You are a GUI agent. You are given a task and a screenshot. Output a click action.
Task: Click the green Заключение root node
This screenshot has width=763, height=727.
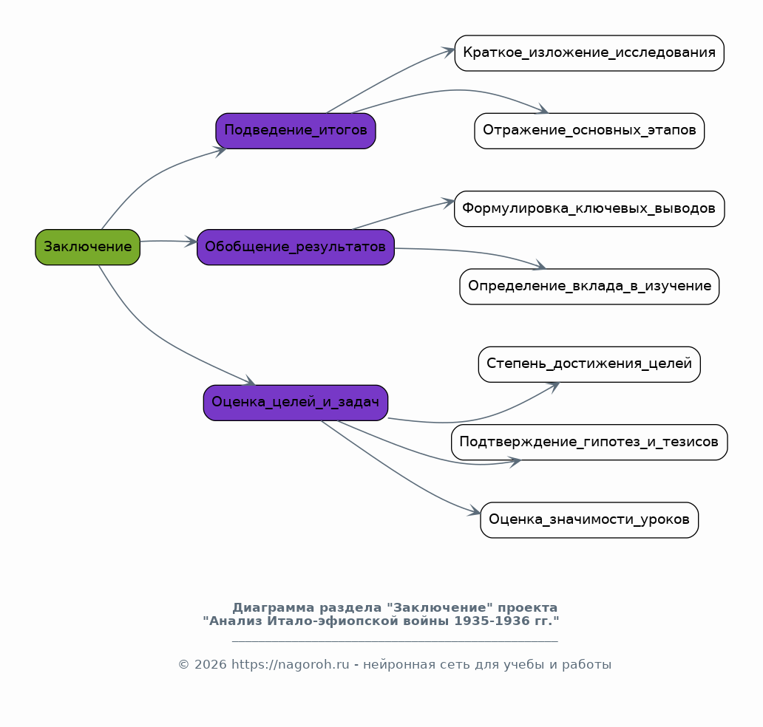click(x=87, y=247)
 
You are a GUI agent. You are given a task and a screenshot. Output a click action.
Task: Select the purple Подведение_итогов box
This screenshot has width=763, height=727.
click(x=296, y=131)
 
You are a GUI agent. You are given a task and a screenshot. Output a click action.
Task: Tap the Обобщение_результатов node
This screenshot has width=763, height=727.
click(x=296, y=247)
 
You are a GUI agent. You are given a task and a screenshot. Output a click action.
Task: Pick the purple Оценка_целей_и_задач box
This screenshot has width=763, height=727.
click(x=296, y=403)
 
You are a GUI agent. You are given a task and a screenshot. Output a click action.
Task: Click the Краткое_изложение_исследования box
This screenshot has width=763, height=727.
click(x=589, y=53)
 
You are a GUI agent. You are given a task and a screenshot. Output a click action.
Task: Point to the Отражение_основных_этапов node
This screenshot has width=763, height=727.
click(x=589, y=131)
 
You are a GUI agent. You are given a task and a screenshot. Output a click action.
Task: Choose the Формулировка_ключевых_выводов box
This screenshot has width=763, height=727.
click(x=589, y=208)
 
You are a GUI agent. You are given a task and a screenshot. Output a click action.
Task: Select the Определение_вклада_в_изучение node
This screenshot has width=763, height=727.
click(x=589, y=287)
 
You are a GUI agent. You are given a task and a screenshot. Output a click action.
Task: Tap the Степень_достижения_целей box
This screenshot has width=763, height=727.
click(x=589, y=364)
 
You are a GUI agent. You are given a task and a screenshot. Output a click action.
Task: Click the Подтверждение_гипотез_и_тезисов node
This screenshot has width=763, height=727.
click(x=589, y=442)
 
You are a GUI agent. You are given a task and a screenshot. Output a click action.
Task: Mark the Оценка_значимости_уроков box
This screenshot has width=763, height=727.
click(x=589, y=520)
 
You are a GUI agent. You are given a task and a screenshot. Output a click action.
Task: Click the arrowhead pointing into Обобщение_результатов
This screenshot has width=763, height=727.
click(x=191, y=242)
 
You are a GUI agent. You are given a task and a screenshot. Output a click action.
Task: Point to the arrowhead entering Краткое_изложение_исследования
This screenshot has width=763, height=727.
click(x=448, y=52)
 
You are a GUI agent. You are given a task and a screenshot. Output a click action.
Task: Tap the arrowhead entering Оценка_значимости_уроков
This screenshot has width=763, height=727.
click(x=474, y=511)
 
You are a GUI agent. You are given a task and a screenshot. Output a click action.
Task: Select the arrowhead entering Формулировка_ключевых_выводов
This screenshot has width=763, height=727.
click(x=448, y=202)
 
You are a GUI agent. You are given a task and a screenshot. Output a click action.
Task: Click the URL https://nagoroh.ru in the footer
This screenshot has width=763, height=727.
click(x=290, y=664)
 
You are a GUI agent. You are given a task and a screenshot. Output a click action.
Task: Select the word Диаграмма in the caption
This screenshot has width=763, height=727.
click(x=274, y=608)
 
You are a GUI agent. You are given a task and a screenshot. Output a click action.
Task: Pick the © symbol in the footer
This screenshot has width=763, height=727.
click(x=183, y=665)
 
